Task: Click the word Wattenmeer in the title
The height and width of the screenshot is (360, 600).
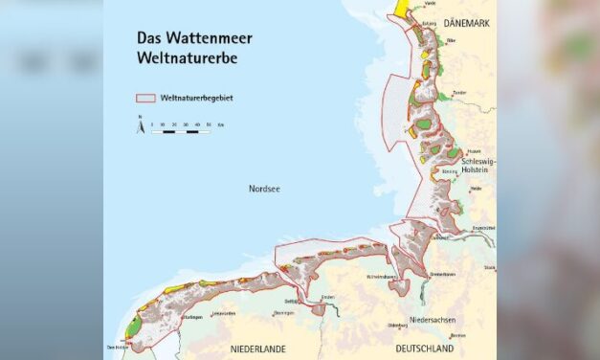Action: (204, 40)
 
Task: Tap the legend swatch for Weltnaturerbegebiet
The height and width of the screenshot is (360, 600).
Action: (145, 100)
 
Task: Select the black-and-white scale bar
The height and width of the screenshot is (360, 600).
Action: (181, 130)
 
